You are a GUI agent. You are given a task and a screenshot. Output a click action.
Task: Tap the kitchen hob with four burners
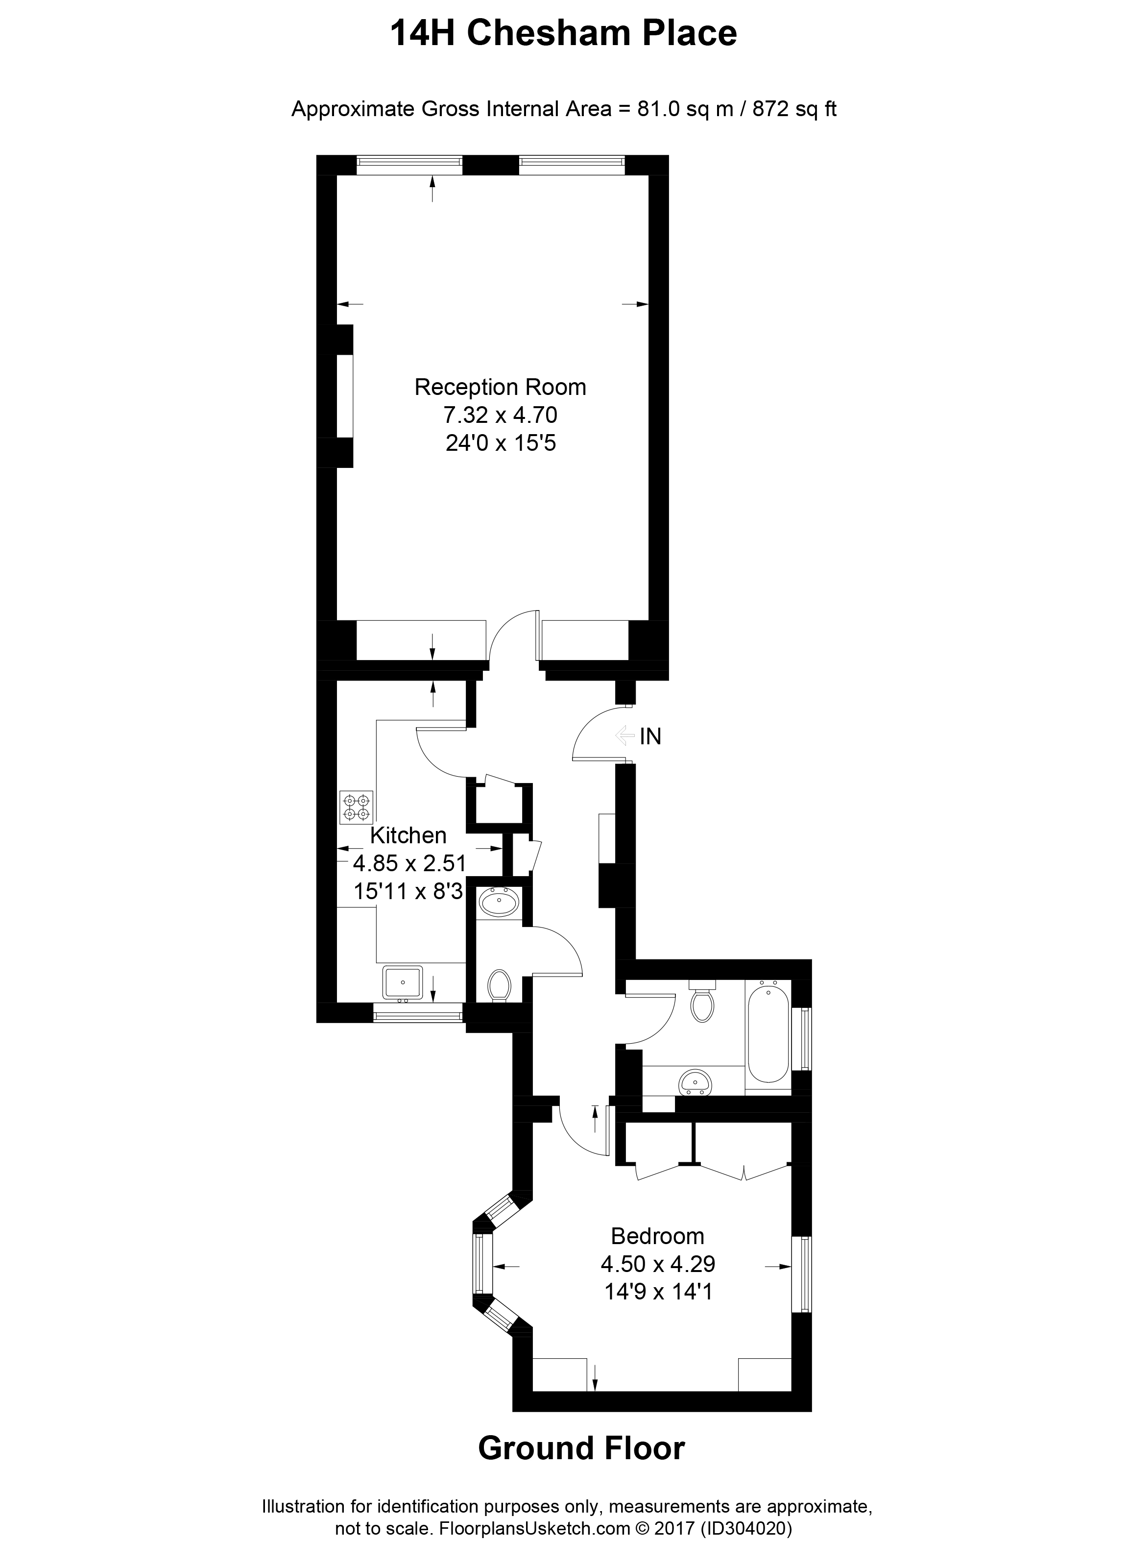[356, 807]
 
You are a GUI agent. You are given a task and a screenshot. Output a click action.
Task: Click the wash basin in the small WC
[499, 903]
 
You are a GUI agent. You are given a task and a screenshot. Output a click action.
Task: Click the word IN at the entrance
[650, 737]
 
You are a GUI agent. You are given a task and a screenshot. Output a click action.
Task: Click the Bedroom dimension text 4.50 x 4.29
[657, 1264]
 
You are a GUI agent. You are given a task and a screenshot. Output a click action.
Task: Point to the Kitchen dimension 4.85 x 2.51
[409, 863]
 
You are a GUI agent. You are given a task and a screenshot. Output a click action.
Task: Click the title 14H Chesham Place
[563, 34]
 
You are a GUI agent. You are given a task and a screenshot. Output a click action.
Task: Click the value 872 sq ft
[794, 109]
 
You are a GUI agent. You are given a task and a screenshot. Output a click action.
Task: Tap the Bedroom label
[657, 1235]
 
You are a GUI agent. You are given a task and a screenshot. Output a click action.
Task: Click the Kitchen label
[408, 835]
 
